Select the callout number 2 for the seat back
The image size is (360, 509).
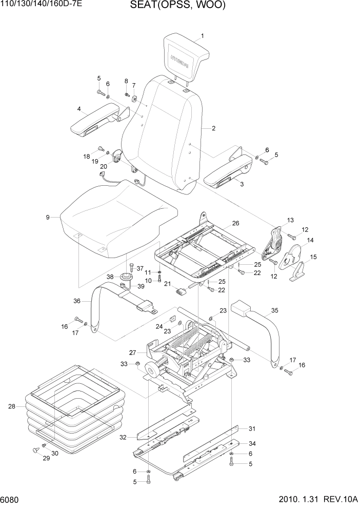pyautogui.click(x=213, y=128)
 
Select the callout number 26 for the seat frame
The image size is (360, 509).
pyautogui.click(x=235, y=223)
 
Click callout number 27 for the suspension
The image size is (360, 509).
pyautogui.click(x=132, y=353)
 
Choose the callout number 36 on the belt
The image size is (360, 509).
pyautogui.click(x=77, y=301)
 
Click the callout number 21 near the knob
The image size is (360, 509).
pyautogui.click(x=168, y=284)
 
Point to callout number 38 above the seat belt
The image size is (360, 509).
pyautogui.click(x=110, y=277)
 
